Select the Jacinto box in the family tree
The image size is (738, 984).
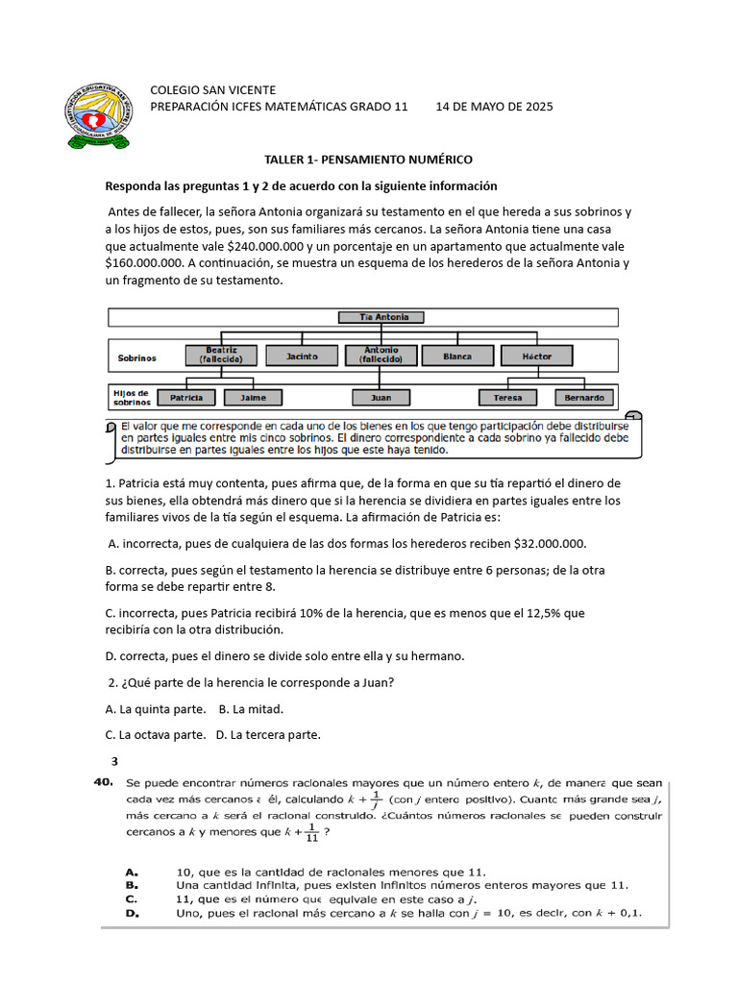pyautogui.click(x=303, y=357)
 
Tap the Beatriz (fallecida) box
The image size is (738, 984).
pyautogui.click(x=222, y=356)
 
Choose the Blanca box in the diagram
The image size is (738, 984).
pyautogui.click(x=457, y=357)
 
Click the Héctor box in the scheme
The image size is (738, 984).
pyautogui.click(x=537, y=357)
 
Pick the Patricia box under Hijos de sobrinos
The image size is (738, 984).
pyautogui.click(x=186, y=397)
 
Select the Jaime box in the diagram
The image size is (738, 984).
pyautogui.click(x=253, y=397)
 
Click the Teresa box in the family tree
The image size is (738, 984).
pyautogui.click(x=508, y=397)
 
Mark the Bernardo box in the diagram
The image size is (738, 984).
pyautogui.click(x=583, y=397)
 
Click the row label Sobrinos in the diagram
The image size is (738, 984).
pyautogui.click(x=136, y=357)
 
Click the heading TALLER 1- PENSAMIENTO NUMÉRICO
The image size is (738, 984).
pyautogui.click(x=369, y=160)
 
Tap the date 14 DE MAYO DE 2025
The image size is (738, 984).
pyautogui.click(x=494, y=107)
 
